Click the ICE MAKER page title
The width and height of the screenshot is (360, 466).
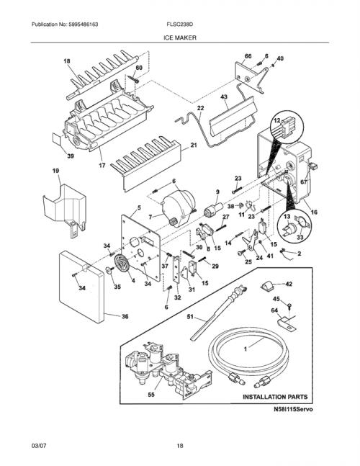tap(180, 37)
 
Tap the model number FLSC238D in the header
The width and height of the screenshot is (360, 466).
tap(180, 24)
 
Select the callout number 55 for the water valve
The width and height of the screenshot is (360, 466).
tap(151, 395)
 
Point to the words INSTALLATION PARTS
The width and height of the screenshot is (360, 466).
tap(275, 397)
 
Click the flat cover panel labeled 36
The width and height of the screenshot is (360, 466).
tap(81, 287)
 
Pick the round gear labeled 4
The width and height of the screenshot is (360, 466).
tap(122, 264)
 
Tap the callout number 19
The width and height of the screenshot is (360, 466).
tap(55, 171)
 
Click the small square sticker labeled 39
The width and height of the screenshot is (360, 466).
tap(56, 139)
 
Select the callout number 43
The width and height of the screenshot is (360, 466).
tap(224, 97)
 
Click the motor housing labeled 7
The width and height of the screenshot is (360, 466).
tap(179, 208)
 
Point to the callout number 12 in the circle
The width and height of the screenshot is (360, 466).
tap(276, 120)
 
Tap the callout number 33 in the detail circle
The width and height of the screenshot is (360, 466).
tap(300, 237)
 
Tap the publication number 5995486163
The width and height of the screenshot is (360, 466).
tap(84, 24)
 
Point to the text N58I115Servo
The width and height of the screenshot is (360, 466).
tap(293, 409)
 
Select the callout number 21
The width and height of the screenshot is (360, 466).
tap(194, 145)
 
